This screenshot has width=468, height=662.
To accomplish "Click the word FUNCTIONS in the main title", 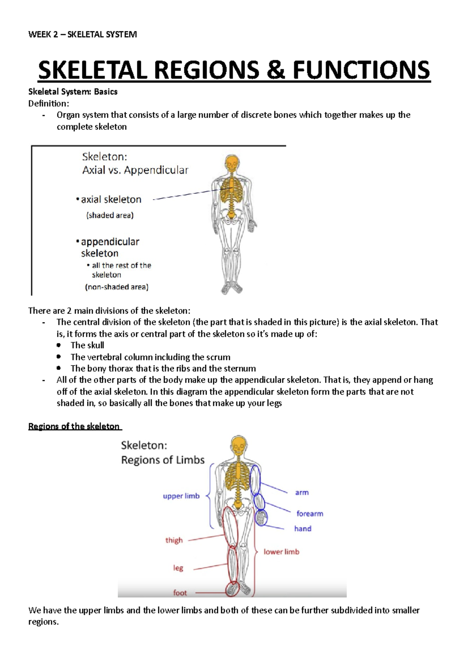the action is [x=362, y=70].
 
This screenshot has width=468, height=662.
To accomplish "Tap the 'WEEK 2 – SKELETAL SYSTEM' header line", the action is [x=83, y=34].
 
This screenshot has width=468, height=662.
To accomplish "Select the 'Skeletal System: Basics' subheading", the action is [x=73, y=92].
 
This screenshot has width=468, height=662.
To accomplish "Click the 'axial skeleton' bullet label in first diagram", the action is [x=111, y=200].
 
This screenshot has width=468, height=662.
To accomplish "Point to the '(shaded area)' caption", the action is [x=110, y=215].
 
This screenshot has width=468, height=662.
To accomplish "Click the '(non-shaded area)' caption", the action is [x=117, y=287].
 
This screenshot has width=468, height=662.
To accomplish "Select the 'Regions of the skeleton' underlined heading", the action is [x=74, y=426].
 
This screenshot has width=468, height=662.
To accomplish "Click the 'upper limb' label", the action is [x=181, y=496].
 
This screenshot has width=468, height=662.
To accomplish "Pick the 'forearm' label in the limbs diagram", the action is [x=310, y=513].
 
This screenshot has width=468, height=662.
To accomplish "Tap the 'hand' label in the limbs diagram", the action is [x=303, y=529].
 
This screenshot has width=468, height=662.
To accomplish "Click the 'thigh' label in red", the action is [x=174, y=540].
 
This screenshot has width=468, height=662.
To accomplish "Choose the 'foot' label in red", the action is [x=180, y=593].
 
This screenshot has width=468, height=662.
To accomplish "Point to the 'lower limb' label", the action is [x=281, y=552].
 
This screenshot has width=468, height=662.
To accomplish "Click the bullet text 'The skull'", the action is [x=87, y=345].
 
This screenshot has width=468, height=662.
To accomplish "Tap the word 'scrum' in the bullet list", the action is [x=218, y=357].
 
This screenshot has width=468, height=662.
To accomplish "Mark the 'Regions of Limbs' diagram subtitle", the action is [x=163, y=460].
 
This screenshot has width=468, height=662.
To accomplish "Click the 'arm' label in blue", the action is [x=302, y=492].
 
